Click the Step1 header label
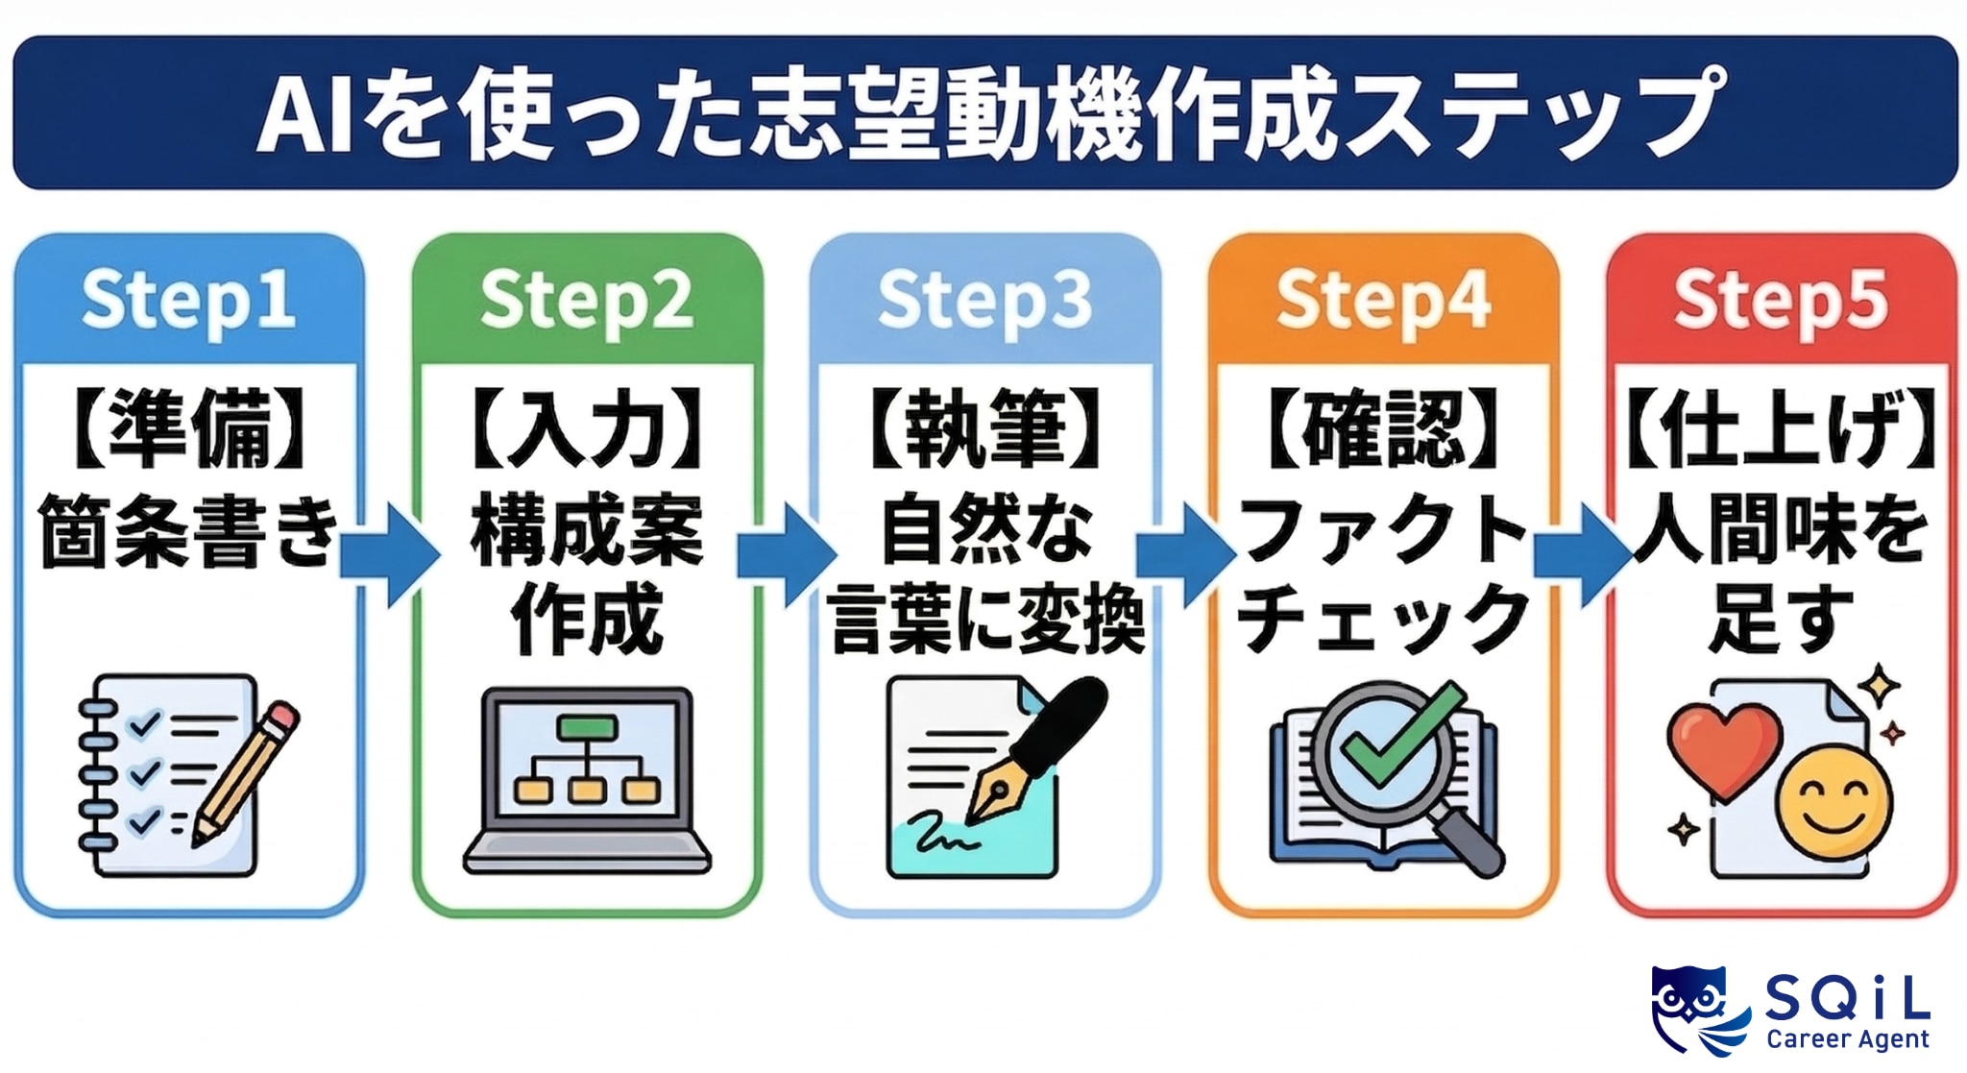pyautogui.click(x=188, y=301)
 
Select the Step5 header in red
pyautogui.click(x=1781, y=301)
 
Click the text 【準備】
pyautogui.click(x=188, y=429)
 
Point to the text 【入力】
pyautogui.click(x=587, y=429)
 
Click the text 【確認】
pyautogui.click(x=1383, y=429)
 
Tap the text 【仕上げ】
pyautogui.click(x=1781, y=429)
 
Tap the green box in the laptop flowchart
pyautogui.click(x=587, y=727)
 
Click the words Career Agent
pyautogui.click(x=1847, y=1039)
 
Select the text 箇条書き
pyautogui.click(x=188, y=531)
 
